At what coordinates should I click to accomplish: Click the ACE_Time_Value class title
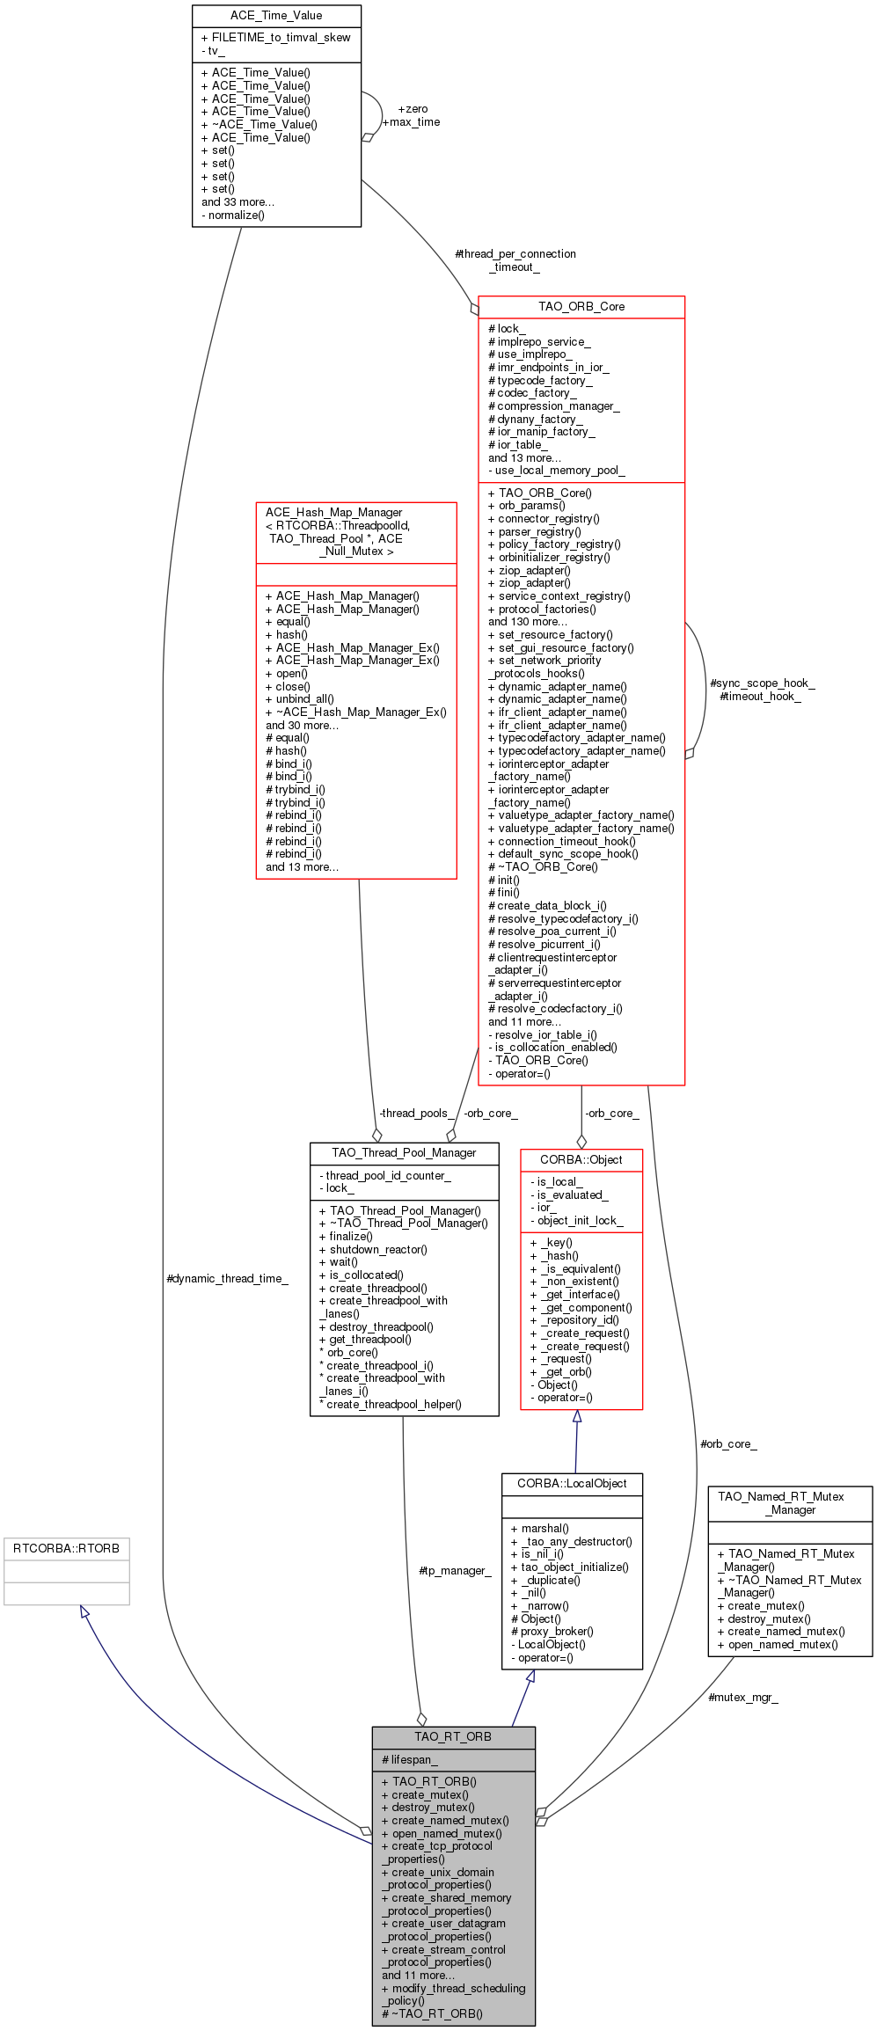pos(276,16)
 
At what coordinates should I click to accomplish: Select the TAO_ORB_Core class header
pos(581,307)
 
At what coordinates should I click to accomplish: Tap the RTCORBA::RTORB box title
pos(66,1548)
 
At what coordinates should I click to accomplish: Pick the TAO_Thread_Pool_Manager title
pos(404,1152)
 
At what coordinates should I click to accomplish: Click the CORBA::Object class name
pos(581,1159)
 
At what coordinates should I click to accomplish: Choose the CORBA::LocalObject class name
pos(572,1483)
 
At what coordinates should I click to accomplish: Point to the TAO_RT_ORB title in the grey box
pos(453,1736)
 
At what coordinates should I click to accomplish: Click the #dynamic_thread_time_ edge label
pos(227,1278)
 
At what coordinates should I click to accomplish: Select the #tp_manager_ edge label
pos(455,1570)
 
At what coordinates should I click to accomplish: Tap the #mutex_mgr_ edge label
pos(743,1697)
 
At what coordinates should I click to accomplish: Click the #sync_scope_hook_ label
pos(763,683)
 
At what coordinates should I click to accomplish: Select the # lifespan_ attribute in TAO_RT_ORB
pos(410,1759)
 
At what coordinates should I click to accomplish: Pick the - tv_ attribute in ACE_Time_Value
pos(213,50)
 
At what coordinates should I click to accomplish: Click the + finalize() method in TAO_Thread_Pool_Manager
pos(346,1236)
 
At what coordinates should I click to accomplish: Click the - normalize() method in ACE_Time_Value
pos(233,215)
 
